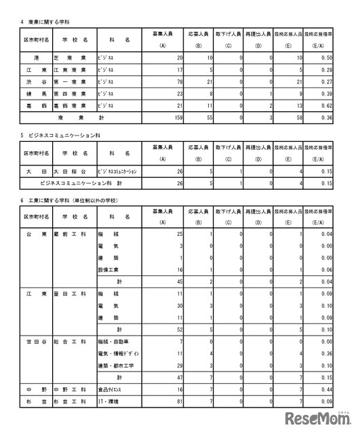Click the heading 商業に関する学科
coord(43,22)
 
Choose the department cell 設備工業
coord(109,270)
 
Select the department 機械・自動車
coord(114,342)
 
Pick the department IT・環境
coord(108,403)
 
